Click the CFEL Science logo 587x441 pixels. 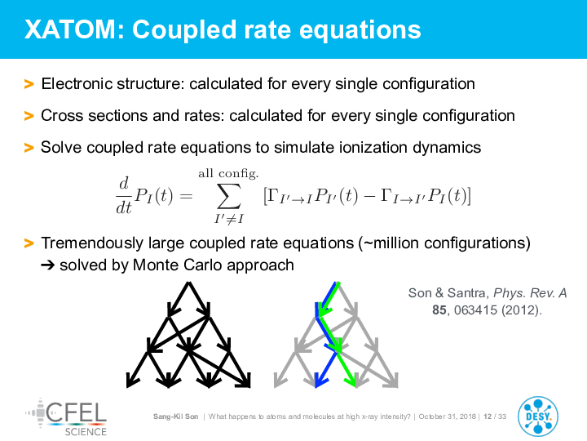[66, 417]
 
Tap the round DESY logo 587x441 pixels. [538, 416]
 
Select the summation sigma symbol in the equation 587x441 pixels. [229, 196]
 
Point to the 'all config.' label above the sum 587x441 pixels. [228, 173]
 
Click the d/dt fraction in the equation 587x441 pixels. [124, 195]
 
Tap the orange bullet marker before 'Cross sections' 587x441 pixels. [29, 116]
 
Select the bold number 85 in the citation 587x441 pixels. [439, 310]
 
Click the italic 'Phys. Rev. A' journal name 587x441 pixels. [530, 293]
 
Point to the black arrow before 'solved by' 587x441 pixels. [48, 265]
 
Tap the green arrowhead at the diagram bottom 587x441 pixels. [351, 381]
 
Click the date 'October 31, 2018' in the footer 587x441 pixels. [448, 416]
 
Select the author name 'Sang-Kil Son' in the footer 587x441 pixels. [175, 416]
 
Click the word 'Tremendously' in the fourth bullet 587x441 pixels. [92, 243]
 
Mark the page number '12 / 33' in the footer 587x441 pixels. [495, 416]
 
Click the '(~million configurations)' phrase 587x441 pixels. [444, 243]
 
